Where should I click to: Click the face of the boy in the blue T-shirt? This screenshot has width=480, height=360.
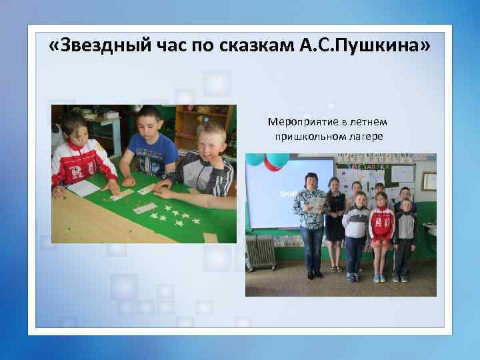point(151,123)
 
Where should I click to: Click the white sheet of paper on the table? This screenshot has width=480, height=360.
point(83,188)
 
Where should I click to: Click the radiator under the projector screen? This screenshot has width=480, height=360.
point(261,253)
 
